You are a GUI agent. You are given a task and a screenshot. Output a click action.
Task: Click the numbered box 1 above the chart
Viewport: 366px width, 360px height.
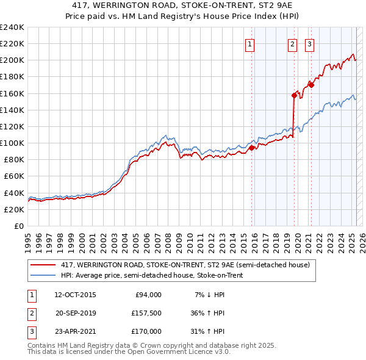pos(250,43)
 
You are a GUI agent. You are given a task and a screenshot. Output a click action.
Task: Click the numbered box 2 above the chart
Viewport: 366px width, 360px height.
pos(292,43)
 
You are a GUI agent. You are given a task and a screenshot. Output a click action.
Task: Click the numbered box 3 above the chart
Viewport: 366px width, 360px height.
pos(309,43)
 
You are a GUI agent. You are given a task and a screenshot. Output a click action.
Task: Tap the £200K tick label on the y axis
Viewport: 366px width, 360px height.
pos(12,60)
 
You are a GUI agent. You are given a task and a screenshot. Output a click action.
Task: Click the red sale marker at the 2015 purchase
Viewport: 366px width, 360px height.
pos(252,148)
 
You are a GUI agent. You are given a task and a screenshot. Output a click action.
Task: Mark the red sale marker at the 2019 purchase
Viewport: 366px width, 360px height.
pos(294,95)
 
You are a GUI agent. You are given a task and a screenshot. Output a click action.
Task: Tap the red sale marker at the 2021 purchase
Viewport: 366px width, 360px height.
pos(311,85)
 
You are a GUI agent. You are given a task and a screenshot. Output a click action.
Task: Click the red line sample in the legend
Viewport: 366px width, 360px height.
pos(43,265)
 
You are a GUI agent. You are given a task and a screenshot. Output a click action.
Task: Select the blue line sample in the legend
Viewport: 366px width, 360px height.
pos(43,275)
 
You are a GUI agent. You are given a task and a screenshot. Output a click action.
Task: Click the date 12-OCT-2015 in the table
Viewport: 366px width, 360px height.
pos(75,294)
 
